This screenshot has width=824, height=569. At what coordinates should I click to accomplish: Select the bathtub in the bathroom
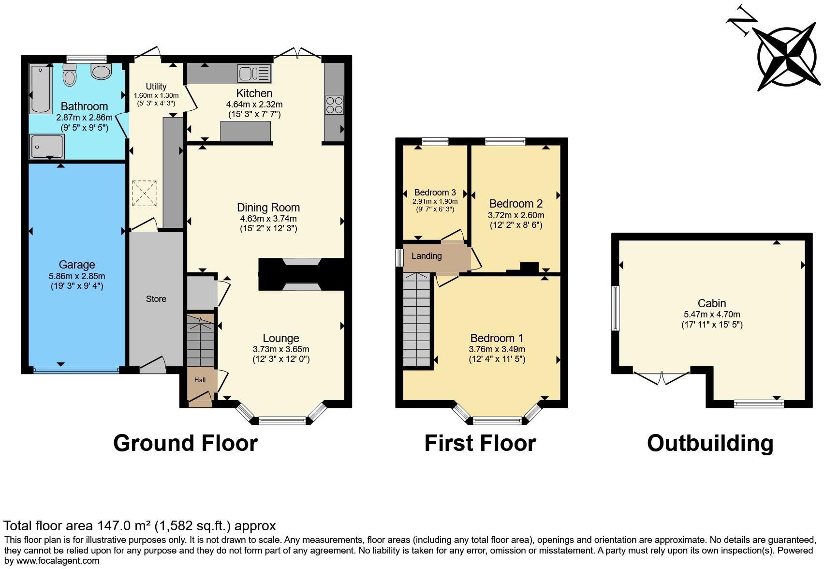click(x=41, y=90)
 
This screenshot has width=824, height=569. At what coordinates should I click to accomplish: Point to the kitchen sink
click(x=254, y=74)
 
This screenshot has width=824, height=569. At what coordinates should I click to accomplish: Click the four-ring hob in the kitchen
click(x=334, y=105)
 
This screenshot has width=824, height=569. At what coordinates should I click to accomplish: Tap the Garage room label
click(x=77, y=265)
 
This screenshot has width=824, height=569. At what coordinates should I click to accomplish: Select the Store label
click(x=156, y=299)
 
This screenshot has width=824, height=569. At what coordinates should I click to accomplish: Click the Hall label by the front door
click(x=200, y=380)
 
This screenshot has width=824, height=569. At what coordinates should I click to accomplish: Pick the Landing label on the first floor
click(x=426, y=256)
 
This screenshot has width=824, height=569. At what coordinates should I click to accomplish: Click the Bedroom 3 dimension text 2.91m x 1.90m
click(x=435, y=201)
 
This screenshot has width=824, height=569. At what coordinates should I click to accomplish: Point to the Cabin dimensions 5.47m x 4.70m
click(x=711, y=314)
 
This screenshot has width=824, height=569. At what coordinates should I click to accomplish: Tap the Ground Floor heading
click(x=185, y=443)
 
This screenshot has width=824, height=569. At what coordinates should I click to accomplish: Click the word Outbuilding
click(x=710, y=443)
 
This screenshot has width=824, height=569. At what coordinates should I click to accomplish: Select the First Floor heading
click(x=480, y=443)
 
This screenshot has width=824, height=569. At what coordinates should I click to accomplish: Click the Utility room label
click(x=156, y=87)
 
